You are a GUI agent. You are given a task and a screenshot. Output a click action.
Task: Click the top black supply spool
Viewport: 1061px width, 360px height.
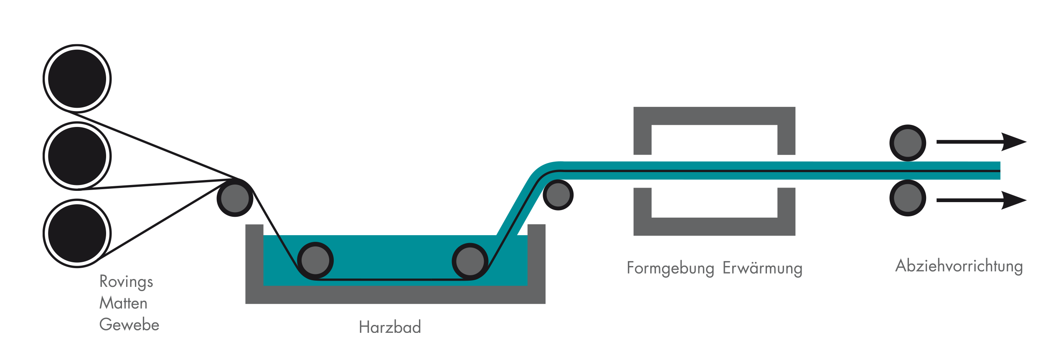[x=77, y=79]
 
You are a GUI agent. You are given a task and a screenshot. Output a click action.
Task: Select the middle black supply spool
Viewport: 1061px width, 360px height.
[x=77, y=156]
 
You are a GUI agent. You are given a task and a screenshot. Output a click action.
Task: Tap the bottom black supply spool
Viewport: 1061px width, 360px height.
[x=77, y=233]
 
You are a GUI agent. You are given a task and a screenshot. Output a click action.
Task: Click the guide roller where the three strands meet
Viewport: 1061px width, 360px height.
[x=235, y=198]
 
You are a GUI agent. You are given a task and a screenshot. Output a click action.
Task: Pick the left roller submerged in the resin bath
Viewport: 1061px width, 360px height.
[x=315, y=261]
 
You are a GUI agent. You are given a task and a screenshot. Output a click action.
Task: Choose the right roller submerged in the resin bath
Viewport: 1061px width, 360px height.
[x=470, y=261]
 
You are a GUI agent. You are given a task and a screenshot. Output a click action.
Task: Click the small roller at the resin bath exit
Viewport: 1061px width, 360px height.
[x=558, y=195]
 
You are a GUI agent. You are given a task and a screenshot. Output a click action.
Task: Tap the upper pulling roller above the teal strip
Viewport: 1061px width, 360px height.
[x=908, y=143]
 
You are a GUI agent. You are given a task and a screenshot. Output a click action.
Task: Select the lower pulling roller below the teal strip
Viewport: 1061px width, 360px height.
[x=908, y=198]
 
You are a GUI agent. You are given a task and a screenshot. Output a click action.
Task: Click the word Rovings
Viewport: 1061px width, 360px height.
[x=126, y=282]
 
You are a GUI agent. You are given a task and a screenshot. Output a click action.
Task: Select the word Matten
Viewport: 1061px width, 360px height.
[x=123, y=303]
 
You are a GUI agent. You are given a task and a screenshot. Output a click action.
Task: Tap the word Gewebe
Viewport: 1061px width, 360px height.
[x=129, y=325]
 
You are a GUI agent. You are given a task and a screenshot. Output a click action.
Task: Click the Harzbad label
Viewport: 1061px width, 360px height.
[x=390, y=327]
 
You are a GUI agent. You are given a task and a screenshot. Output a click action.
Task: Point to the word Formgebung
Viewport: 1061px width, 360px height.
[x=670, y=269]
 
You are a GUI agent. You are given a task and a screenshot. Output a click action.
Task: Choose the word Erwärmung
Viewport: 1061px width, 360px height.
[x=762, y=269]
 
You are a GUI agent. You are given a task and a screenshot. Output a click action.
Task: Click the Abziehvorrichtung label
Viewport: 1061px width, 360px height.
[x=959, y=266]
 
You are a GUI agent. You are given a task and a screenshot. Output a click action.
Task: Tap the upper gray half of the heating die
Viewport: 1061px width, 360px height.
[x=714, y=116]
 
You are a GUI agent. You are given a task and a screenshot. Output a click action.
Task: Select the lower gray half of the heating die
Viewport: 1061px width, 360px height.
[x=714, y=226]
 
